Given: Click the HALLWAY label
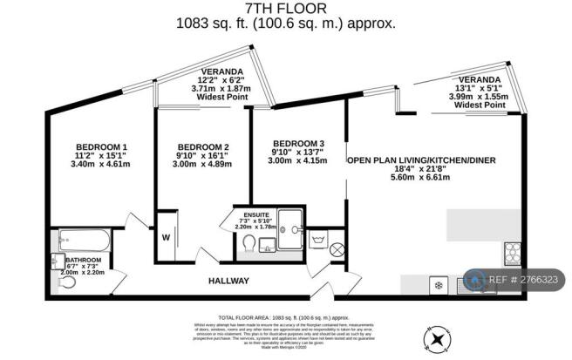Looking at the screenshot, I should (228, 281).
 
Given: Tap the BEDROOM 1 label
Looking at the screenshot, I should (101, 146).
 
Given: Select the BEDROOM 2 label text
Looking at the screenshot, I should (202, 146).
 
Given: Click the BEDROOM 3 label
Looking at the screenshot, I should (298, 144).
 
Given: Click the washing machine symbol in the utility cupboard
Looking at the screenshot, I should (318, 236).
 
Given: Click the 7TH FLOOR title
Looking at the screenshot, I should (285, 9).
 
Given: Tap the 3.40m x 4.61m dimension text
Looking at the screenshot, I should (101, 163).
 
